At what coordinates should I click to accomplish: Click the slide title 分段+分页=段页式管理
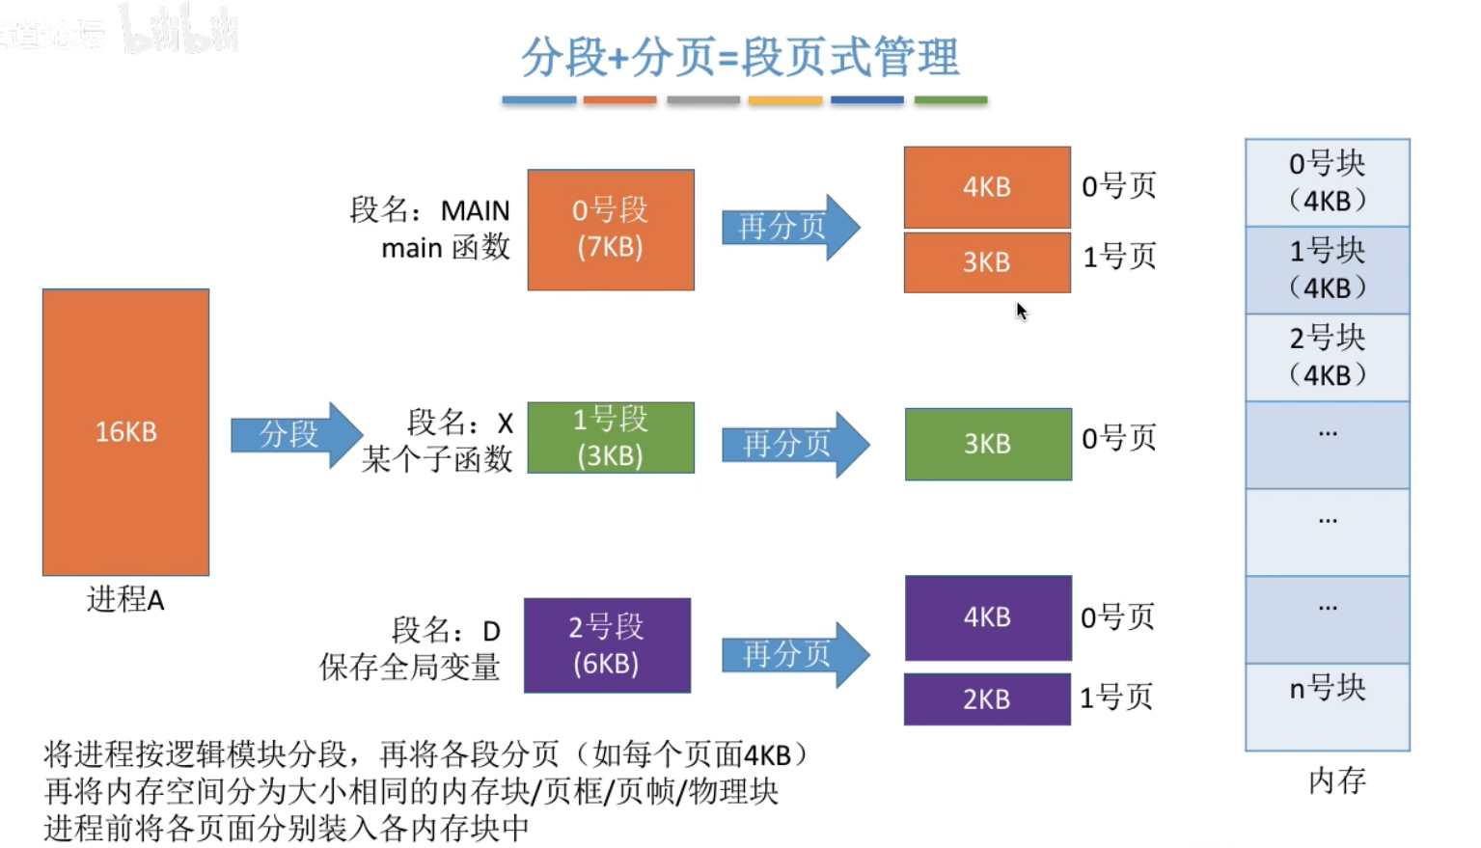click(x=740, y=57)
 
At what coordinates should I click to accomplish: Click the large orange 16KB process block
click(x=125, y=432)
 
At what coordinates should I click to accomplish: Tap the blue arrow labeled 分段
click(x=295, y=435)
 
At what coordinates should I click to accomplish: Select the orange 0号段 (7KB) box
click(x=611, y=230)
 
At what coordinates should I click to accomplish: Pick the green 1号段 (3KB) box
click(x=611, y=438)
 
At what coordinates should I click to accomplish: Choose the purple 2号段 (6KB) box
click(x=607, y=645)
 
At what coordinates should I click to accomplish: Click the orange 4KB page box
click(x=987, y=187)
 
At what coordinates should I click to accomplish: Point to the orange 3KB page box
click(x=987, y=262)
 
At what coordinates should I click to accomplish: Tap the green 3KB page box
click(x=988, y=444)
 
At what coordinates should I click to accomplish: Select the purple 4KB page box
click(x=988, y=617)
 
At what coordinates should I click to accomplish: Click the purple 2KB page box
click(x=987, y=699)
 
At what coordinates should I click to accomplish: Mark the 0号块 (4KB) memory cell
click(x=1327, y=182)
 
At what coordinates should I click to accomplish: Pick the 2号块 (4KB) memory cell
click(x=1327, y=357)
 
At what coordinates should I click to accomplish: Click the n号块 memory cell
click(x=1327, y=706)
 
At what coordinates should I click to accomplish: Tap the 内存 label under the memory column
click(x=1337, y=780)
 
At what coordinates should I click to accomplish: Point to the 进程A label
click(x=125, y=600)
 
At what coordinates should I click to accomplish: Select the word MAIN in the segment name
click(x=475, y=210)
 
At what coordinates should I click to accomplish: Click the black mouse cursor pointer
click(x=1021, y=311)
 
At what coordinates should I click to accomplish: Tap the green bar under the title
click(x=950, y=100)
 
